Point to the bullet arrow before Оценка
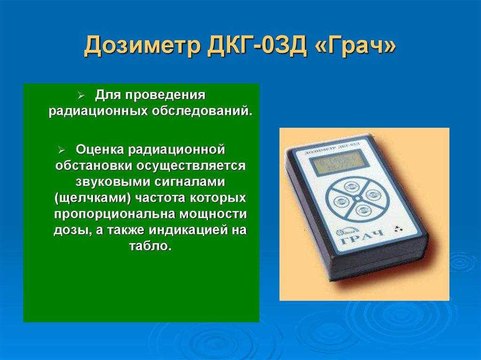click(x=62, y=150)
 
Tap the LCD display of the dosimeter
click(x=336, y=164)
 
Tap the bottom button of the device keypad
click(x=362, y=210)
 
